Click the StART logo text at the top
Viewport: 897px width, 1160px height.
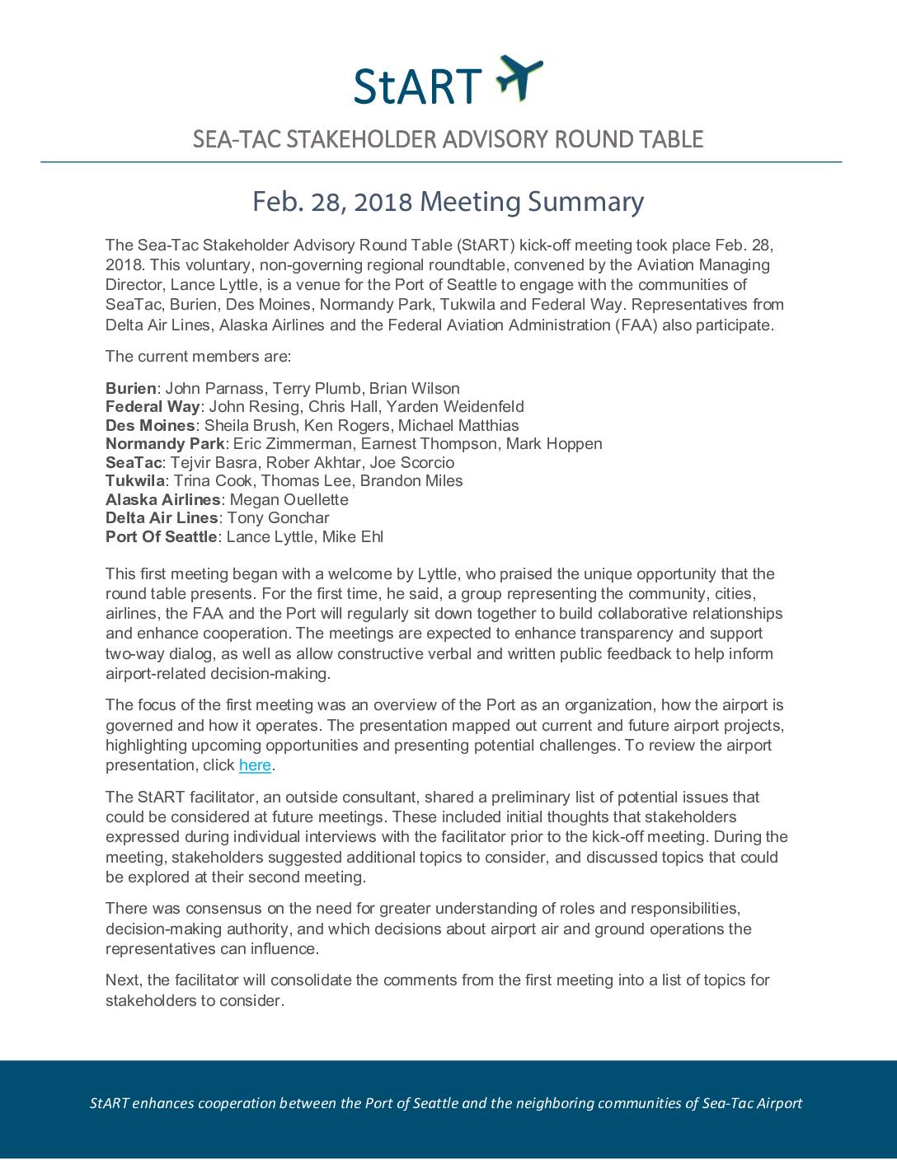[x=417, y=85]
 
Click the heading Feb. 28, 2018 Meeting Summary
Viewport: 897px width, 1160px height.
[x=448, y=202]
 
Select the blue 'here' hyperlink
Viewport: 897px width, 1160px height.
[x=255, y=765]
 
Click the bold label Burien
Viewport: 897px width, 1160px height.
[x=130, y=388]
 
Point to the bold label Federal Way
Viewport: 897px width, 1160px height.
[x=153, y=406]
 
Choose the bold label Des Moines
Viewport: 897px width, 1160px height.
[x=150, y=425]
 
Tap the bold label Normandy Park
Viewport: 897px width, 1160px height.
[x=165, y=443]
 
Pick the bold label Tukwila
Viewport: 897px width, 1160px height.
[x=134, y=480]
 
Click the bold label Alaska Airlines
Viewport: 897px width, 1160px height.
[x=162, y=499]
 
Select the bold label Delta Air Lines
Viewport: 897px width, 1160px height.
[x=162, y=517]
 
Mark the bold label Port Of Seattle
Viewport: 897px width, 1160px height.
[x=161, y=536]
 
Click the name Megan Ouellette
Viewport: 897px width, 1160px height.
[x=289, y=499]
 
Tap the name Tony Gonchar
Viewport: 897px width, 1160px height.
[x=278, y=517]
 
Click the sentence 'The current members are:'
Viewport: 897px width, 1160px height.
[x=198, y=357]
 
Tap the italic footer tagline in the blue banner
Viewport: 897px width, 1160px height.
[x=445, y=1103]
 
